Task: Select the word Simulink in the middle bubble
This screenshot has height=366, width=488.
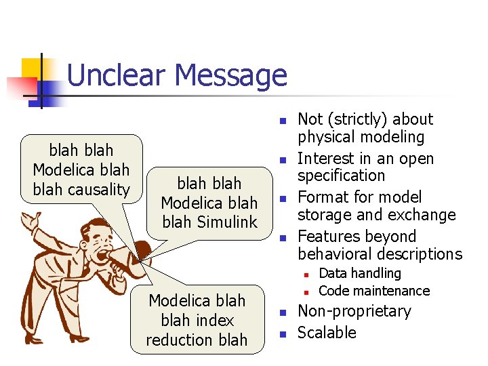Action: (225, 222)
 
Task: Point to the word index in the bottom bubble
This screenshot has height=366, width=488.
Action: (216, 321)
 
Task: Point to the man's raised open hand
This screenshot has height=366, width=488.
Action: (30, 223)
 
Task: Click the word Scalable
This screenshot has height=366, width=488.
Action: (327, 333)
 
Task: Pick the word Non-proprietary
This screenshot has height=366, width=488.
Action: (354, 311)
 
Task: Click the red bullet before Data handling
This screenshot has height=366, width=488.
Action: (306, 274)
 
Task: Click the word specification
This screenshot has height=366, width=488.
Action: (342, 176)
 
